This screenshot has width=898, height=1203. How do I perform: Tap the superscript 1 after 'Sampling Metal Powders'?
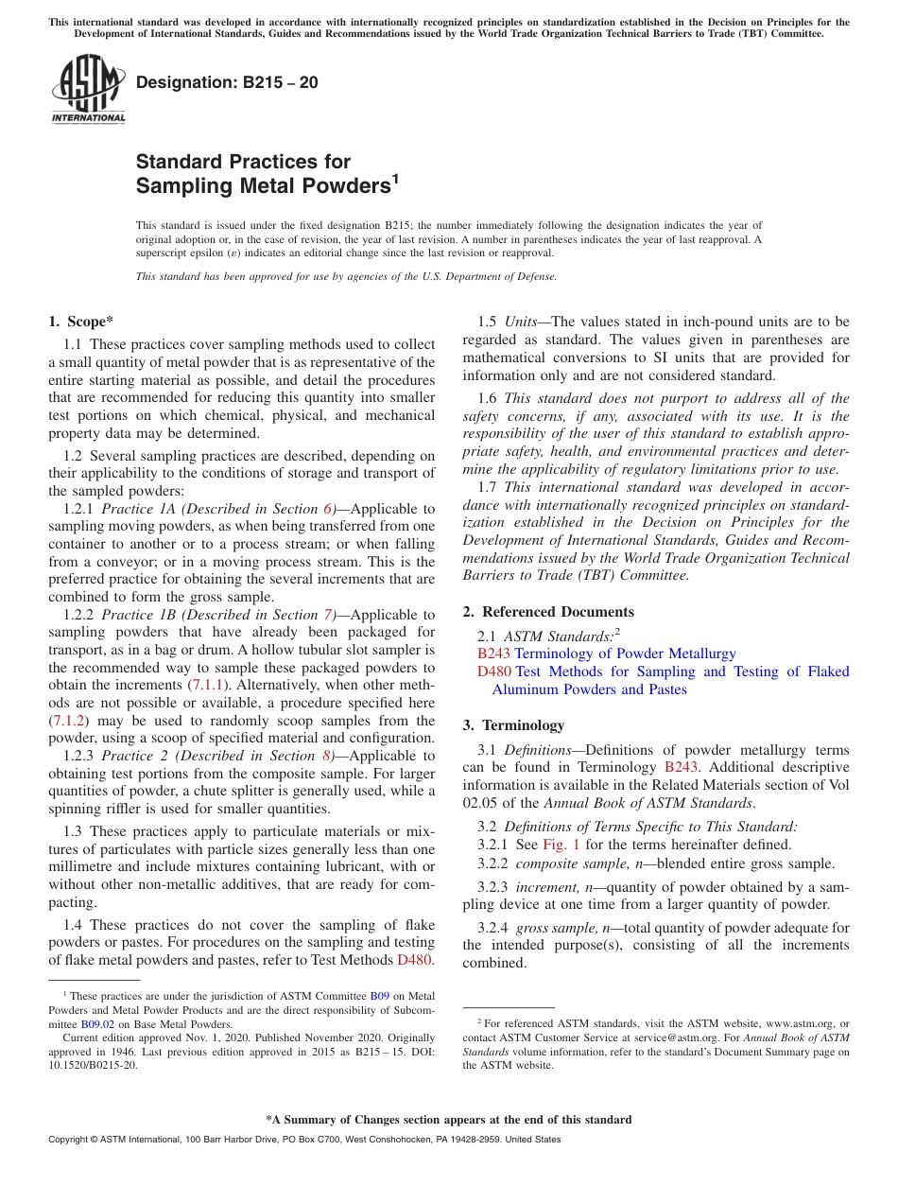pos(395,178)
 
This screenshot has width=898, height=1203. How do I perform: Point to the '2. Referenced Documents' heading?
pos(548,612)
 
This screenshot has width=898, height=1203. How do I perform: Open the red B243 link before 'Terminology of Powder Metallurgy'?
pos(493,654)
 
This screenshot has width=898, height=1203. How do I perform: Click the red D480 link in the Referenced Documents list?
pos(494,671)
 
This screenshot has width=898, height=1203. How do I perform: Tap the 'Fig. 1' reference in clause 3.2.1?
pos(561,845)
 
